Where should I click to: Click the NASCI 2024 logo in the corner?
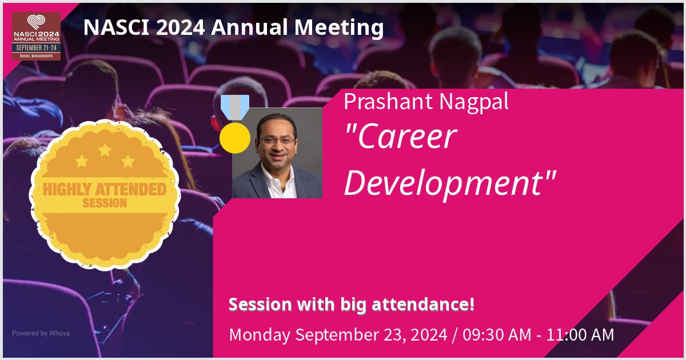click(x=37, y=37)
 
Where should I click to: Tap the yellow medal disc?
click(x=235, y=138)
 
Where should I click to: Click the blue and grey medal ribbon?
click(x=235, y=107)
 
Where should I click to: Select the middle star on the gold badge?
click(x=105, y=150)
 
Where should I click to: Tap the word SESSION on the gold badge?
click(x=105, y=203)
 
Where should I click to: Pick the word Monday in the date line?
click(x=257, y=334)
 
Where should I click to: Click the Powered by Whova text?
click(x=41, y=333)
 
